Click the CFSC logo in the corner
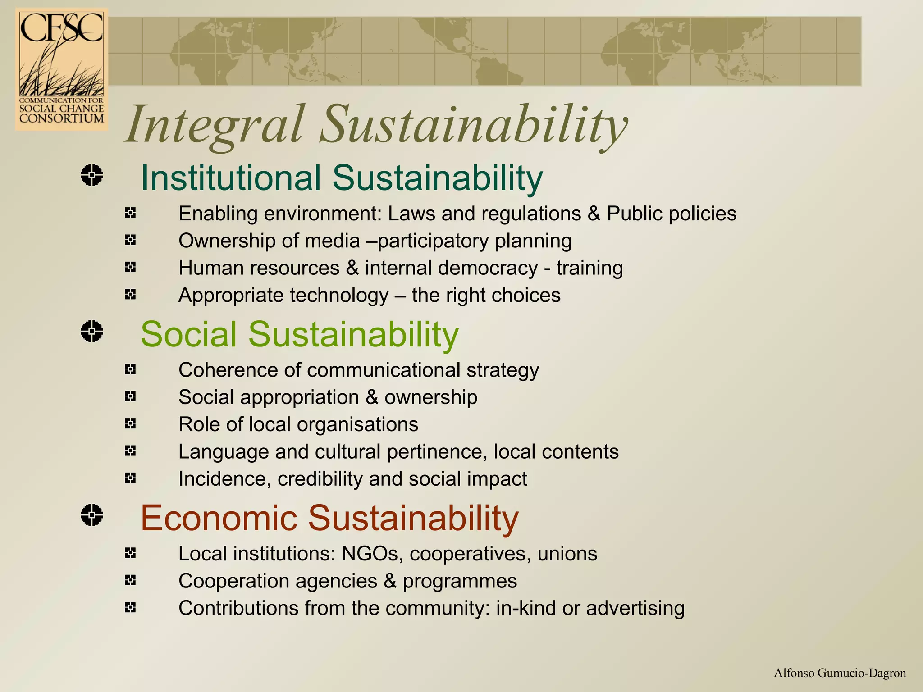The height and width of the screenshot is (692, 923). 61,69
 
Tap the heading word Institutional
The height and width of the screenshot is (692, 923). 231,178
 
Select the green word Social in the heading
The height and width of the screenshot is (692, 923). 188,334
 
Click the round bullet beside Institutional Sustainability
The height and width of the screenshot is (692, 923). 92,175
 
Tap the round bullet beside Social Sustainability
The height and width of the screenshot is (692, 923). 92,332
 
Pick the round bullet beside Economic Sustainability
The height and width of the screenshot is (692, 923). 92,515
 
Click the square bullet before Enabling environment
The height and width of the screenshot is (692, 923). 130,213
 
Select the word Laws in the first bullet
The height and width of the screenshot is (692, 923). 411,214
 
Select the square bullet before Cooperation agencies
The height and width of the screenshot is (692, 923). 130,580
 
